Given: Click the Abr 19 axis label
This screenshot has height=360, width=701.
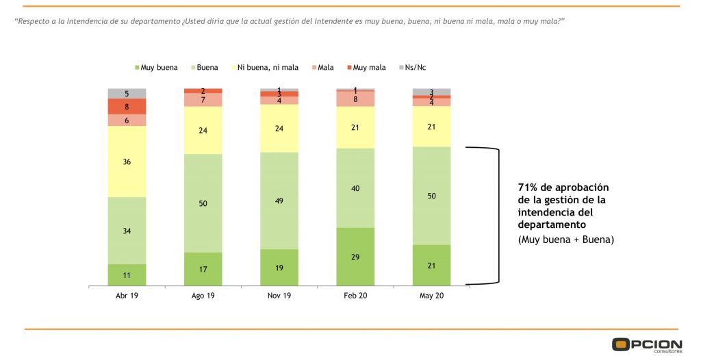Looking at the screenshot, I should (127, 296).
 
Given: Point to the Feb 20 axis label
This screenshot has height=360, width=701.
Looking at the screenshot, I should (355, 296).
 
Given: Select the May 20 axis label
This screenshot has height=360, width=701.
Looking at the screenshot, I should (431, 296).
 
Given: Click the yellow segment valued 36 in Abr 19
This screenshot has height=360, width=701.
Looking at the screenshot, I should (127, 162).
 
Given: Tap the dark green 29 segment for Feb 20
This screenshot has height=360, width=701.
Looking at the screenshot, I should (355, 257).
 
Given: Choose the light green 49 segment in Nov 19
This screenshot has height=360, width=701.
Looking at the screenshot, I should (279, 201).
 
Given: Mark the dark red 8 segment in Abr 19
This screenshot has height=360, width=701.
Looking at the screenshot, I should (127, 106).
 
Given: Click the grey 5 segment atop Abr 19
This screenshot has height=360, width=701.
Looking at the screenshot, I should (127, 93).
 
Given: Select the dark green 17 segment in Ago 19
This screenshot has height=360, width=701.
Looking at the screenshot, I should (203, 268).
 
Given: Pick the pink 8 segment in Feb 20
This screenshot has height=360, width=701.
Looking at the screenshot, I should (355, 99).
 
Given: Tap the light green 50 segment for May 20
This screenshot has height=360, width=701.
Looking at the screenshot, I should (431, 196).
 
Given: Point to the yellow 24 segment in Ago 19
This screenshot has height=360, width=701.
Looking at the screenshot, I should (203, 130).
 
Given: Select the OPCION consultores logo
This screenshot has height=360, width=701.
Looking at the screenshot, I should (646, 345).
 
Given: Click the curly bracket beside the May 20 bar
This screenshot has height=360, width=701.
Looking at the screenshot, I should (496, 214).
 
